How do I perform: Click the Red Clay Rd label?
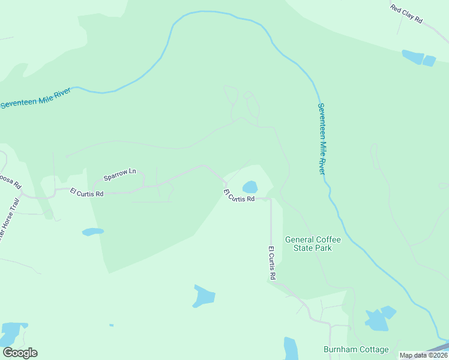[x=406, y=14]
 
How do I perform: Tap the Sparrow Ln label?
[x=120, y=175]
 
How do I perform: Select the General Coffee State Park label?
[x=312, y=244]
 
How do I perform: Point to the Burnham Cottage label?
[x=356, y=349]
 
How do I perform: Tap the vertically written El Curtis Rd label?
[x=272, y=263]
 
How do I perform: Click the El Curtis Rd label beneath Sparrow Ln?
[x=86, y=193]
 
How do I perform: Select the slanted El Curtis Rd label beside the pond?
[x=240, y=197]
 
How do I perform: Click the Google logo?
[x=20, y=353]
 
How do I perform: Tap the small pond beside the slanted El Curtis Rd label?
[x=250, y=187]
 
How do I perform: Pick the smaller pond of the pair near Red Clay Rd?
[x=429, y=61]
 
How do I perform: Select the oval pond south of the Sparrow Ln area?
[x=92, y=232]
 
